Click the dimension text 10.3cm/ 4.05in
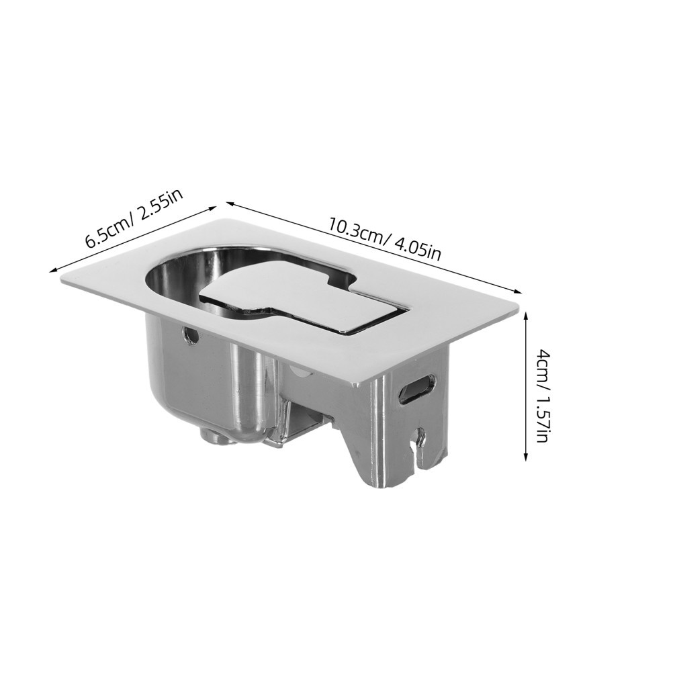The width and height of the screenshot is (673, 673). pyautogui.click(x=385, y=240)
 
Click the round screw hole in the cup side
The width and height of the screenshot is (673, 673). pyautogui.click(x=191, y=334)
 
